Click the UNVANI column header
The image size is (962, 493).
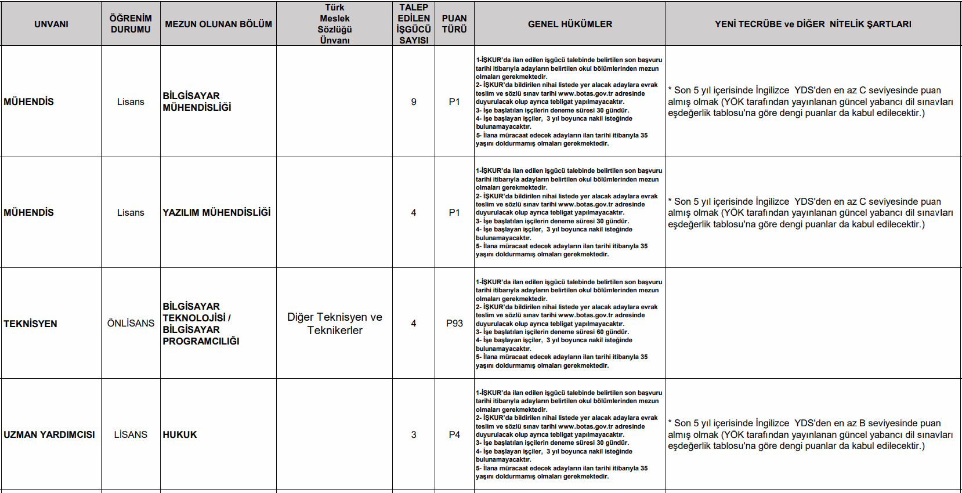click(x=51, y=24)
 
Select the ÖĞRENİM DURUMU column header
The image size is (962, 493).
click(x=131, y=24)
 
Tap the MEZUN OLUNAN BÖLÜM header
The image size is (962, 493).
click(x=218, y=24)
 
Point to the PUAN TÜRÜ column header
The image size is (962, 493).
click(x=454, y=24)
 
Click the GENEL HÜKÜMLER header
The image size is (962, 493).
click(x=570, y=24)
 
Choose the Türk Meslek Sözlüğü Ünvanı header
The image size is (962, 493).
click(x=335, y=24)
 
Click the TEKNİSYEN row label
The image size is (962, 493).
click(x=30, y=324)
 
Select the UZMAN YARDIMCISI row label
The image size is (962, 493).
click(x=49, y=434)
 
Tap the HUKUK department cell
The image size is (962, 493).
click(x=180, y=434)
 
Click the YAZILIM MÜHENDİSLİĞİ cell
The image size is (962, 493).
click(x=216, y=212)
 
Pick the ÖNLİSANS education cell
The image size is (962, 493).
click(x=131, y=323)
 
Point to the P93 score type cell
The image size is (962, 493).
click(x=454, y=323)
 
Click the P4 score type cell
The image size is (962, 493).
click(x=454, y=434)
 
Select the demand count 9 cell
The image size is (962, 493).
click(x=414, y=101)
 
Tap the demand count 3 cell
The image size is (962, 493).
click(x=414, y=434)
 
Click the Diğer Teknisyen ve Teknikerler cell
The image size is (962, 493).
click(x=335, y=324)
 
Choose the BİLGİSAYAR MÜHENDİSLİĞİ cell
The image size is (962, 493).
click(x=197, y=101)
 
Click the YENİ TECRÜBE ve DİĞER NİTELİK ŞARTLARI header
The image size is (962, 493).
click(x=813, y=24)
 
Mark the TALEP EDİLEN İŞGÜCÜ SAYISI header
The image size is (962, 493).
click(x=414, y=24)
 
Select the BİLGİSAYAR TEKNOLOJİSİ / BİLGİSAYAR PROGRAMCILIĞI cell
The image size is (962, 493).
click(x=201, y=324)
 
